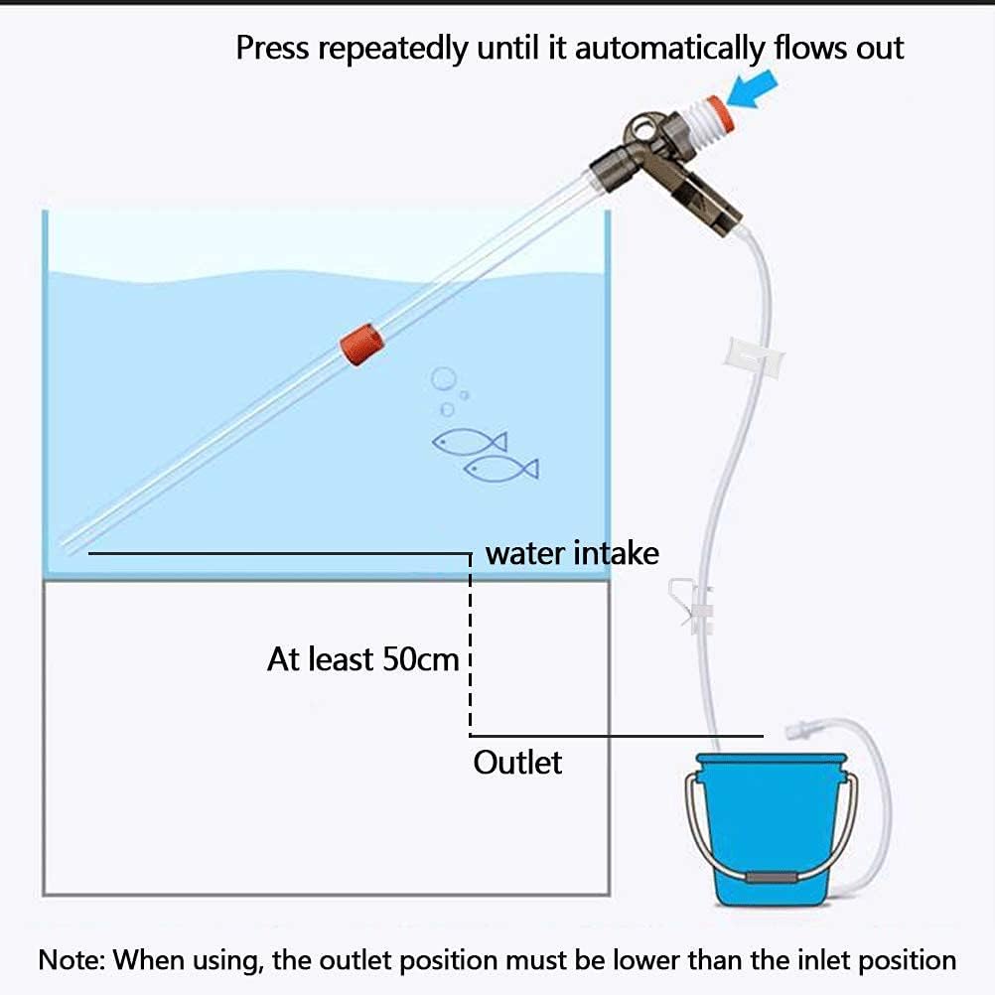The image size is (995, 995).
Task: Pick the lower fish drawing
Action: pyautogui.click(x=500, y=467)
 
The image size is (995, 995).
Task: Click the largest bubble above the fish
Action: pyautogui.click(x=443, y=378)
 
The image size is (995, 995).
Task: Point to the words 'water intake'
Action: pyautogui.click(x=572, y=552)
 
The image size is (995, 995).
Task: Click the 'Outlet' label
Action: pyautogui.click(x=517, y=763)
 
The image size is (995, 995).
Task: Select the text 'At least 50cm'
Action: pyautogui.click(x=362, y=658)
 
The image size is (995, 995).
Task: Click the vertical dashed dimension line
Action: pyautogui.click(x=470, y=645)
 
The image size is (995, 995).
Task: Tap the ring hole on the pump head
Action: pyautogui.click(x=646, y=131)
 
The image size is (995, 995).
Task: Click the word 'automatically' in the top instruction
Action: pyautogui.click(x=669, y=48)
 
